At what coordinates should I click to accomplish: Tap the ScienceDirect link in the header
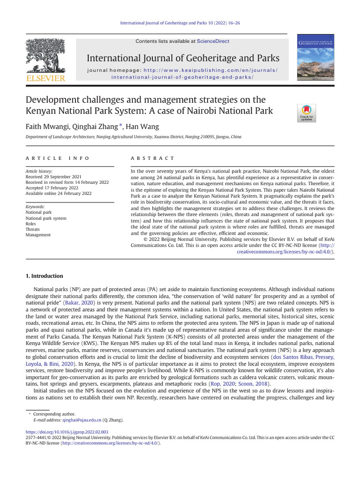213,41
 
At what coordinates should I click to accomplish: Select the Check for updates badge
307,113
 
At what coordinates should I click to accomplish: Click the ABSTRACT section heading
152,158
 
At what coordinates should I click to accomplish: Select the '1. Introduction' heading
44,276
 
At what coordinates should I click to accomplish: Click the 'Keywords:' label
35,207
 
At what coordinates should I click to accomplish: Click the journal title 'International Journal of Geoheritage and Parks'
183,59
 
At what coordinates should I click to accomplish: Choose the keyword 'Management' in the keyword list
38,235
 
